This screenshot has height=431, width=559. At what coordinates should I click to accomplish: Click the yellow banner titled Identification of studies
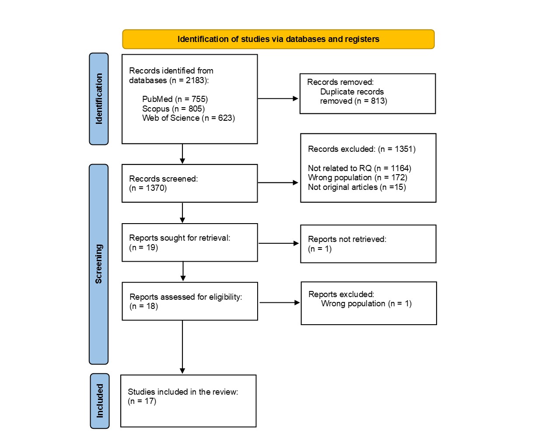[x=278, y=39]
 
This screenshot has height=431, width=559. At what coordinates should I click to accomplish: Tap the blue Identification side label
[x=99, y=99]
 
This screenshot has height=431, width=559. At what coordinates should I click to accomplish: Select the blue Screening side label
[x=99, y=264]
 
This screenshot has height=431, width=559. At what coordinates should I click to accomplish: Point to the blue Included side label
[x=100, y=401]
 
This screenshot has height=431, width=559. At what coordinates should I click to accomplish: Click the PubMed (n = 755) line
[x=175, y=99]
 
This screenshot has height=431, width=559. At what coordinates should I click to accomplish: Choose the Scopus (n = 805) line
[x=173, y=109]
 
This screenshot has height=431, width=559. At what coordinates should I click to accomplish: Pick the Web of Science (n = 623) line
[x=189, y=118]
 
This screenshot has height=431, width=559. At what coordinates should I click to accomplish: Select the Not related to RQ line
[x=359, y=168]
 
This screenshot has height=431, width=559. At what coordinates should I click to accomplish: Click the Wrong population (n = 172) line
[x=357, y=178]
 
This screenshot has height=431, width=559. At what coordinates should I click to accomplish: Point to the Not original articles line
[x=356, y=187]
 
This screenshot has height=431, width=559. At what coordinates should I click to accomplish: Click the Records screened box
[x=189, y=183]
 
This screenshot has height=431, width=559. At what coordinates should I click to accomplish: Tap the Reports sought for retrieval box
[x=189, y=242]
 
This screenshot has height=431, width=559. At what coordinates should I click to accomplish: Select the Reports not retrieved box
[x=368, y=244]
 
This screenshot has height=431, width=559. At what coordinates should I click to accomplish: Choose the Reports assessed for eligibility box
[x=189, y=301]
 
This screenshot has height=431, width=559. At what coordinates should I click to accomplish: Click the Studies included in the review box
[x=188, y=401]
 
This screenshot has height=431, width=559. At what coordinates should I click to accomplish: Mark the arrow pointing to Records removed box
[x=278, y=99]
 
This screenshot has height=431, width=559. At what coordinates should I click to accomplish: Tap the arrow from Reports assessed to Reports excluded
[x=279, y=302]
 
